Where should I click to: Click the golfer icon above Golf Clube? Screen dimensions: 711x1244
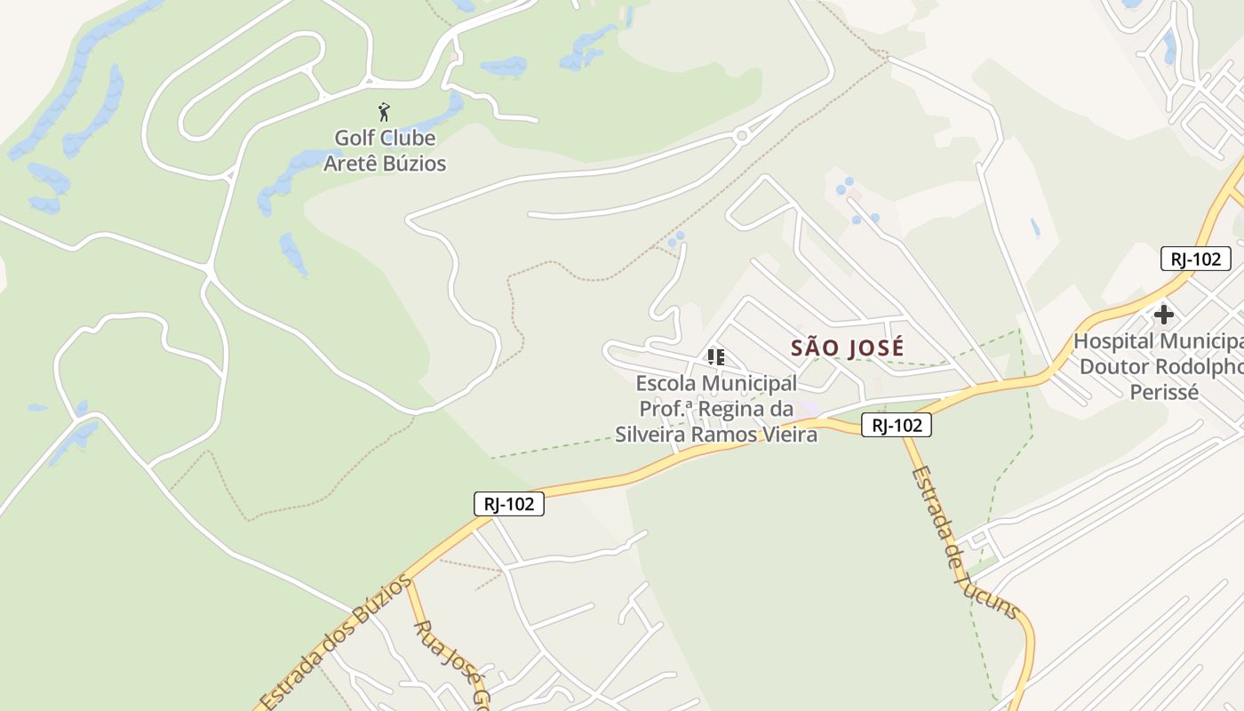[x=384, y=112]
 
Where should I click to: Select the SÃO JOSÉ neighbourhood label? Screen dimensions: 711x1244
[x=848, y=348]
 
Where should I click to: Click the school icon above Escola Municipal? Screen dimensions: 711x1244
[x=715, y=357]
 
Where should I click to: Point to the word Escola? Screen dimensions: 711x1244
[x=666, y=383]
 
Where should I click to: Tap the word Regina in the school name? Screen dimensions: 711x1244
[x=734, y=409]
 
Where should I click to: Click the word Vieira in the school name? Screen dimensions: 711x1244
[x=785, y=434]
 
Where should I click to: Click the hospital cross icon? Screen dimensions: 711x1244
[x=1163, y=314]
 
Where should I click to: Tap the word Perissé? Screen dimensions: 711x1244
[x=1164, y=391]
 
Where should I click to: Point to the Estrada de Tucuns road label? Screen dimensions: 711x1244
[x=964, y=542]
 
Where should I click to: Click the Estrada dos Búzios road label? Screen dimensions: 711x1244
[x=336, y=640]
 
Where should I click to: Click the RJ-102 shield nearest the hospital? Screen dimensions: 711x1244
[x=1195, y=259]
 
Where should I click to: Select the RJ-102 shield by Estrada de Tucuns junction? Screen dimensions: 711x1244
[x=897, y=425]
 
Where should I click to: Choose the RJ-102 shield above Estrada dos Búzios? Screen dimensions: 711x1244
[x=508, y=504]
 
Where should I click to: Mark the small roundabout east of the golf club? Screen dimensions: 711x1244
[x=741, y=135]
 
